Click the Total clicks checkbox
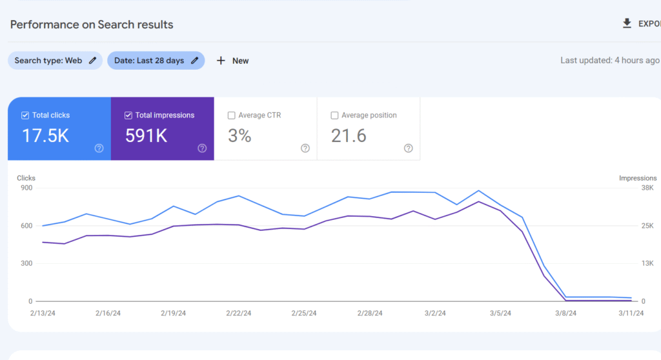coord(25,115)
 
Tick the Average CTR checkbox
coord(231,115)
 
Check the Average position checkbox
coord(334,115)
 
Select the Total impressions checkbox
coord(128,115)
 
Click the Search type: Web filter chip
coord(55,61)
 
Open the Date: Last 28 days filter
coord(156,61)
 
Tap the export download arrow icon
coord(626,24)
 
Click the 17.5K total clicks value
coord(45,135)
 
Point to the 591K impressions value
coord(146,135)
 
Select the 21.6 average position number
coord(349,135)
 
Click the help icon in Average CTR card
coord(305,148)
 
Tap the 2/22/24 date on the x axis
coord(239,314)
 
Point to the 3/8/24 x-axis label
coord(566,314)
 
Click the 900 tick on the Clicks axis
coord(26,188)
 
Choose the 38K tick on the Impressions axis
coord(647,188)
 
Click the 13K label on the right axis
coord(647,263)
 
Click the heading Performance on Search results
coord(92,25)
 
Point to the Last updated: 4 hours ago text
coord(609,61)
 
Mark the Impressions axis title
coord(638,178)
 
